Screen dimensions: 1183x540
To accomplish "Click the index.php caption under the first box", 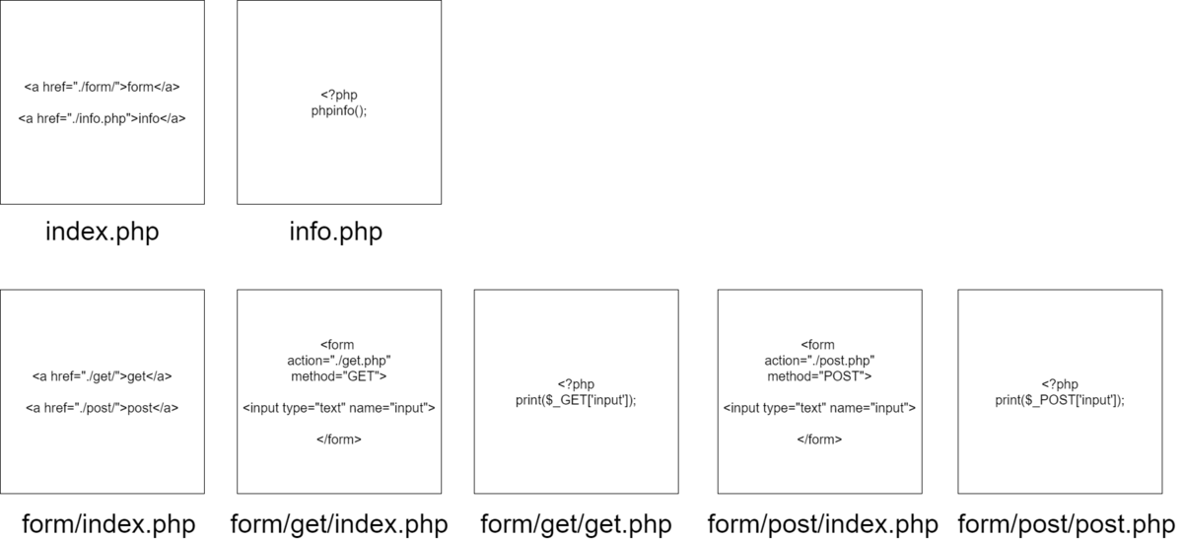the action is (102, 233).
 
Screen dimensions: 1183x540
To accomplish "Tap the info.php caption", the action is (336, 233).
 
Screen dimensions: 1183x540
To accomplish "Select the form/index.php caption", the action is (108, 524).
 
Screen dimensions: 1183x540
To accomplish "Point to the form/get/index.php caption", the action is (339, 524).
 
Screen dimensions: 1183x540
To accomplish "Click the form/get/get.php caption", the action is (576, 524).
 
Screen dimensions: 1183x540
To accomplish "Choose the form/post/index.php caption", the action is (823, 524).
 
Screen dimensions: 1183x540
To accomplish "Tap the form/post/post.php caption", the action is (1067, 524).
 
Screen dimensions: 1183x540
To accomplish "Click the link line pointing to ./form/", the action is (102, 87).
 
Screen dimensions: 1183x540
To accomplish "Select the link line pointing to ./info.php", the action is (102, 119).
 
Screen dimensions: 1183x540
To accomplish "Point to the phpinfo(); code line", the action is (339, 110).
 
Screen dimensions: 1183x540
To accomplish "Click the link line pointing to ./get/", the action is (102, 376).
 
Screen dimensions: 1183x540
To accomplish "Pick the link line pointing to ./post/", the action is (102, 408).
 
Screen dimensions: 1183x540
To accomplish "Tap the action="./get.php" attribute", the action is (339, 361).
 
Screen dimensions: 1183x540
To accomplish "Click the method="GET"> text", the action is (339, 376).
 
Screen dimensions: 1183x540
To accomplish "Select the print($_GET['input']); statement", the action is (576, 400).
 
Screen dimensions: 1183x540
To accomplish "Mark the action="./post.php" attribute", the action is (819, 361).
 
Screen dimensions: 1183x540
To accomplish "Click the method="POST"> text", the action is (819, 376).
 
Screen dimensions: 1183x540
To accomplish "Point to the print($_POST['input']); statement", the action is (1060, 400).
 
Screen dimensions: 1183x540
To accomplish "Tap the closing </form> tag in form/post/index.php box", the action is (819, 439).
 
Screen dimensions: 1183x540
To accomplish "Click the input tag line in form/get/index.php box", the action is (339, 408).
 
